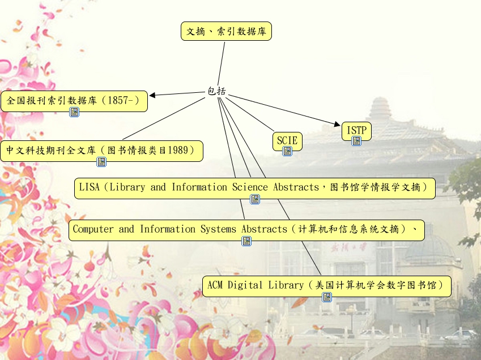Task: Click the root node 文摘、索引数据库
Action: [x=226, y=31]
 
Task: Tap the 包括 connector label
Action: [x=216, y=91]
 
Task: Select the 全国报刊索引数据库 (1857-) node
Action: [x=74, y=101]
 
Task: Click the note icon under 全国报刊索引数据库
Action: [x=74, y=112]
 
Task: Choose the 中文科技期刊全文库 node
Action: [x=101, y=151]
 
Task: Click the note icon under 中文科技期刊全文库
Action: [x=101, y=162]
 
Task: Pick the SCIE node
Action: [x=287, y=139]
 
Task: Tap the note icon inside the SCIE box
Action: [x=287, y=151]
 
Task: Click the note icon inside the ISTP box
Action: [x=356, y=141]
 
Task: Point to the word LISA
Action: [x=89, y=187]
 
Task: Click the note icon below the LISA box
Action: [x=255, y=199]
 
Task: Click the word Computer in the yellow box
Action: [x=93, y=229]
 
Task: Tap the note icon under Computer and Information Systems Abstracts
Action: [x=246, y=241]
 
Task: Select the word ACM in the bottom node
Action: [x=215, y=285]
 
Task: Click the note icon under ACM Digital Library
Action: [x=327, y=297]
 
